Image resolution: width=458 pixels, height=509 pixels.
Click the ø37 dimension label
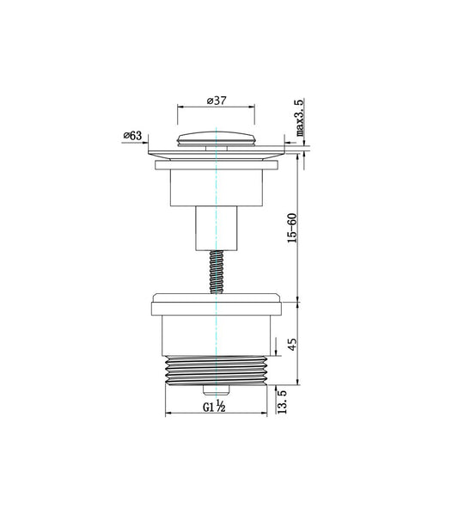216,101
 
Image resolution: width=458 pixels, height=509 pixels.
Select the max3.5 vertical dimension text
300,119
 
